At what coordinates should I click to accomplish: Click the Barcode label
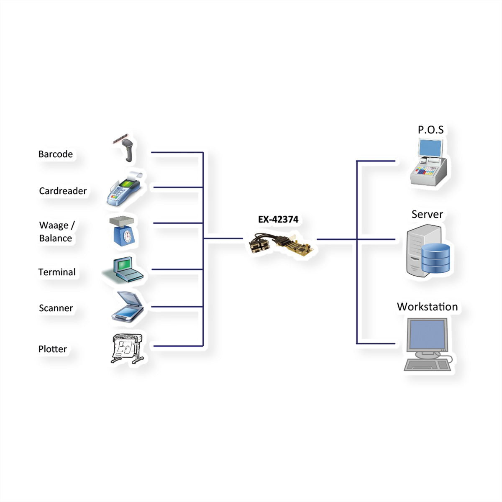(56, 154)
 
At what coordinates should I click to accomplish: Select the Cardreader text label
(63, 191)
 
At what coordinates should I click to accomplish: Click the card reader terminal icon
(125, 189)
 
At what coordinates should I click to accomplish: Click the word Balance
(56, 238)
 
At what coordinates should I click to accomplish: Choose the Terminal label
(57, 272)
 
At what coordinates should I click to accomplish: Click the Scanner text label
(56, 308)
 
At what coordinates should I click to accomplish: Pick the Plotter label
(52, 349)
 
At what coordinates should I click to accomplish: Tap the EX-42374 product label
(278, 219)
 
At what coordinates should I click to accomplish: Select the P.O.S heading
(430, 130)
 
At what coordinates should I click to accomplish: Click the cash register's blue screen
(430, 148)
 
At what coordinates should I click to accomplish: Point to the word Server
(427, 214)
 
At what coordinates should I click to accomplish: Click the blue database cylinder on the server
(435, 258)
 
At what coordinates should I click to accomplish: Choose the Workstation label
(427, 307)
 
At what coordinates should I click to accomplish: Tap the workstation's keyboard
(427, 365)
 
